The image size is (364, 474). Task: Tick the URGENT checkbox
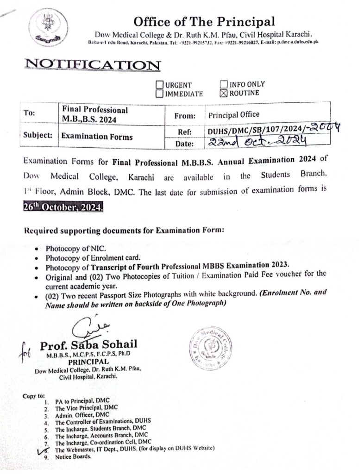159,85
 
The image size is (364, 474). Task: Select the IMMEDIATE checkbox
159,94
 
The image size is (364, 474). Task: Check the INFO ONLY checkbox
224,84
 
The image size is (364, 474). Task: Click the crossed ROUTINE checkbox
224,93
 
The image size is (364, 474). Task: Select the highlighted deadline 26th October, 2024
63,208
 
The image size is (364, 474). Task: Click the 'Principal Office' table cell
234,114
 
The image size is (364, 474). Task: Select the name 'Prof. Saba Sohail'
88,346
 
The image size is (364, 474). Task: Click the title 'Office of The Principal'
204,21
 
